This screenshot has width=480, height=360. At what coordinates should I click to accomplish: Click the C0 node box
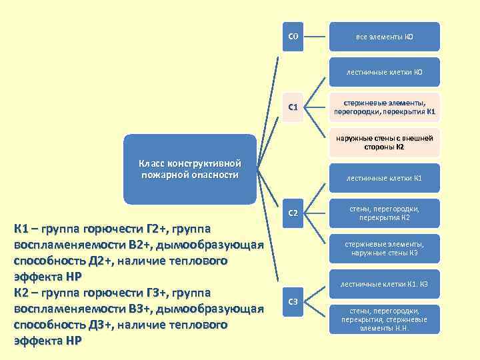tap(293, 36)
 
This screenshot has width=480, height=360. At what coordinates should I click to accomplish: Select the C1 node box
tap(293, 107)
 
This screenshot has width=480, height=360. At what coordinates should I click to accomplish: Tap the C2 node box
tap(293, 213)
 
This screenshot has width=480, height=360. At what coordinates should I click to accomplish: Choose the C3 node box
tap(293, 302)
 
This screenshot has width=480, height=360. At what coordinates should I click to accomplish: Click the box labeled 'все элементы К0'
tap(384, 36)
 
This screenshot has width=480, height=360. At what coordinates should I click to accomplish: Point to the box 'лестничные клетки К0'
tap(384, 71)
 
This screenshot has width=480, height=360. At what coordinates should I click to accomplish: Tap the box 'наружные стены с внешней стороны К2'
tap(384, 143)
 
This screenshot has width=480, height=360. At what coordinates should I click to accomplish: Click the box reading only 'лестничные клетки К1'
tap(384, 178)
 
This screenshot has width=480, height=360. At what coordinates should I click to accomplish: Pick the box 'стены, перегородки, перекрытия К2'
tap(384, 213)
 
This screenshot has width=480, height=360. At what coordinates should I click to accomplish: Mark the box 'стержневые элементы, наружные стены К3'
tap(384, 249)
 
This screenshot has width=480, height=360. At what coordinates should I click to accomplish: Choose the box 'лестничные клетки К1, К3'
tap(384, 284)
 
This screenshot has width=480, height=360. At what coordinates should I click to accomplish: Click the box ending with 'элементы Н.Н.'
tap(384, 319)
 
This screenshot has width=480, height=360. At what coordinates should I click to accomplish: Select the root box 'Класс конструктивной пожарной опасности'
tap(190, 169)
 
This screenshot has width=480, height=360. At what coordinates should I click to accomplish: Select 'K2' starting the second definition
tap(22, 293)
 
